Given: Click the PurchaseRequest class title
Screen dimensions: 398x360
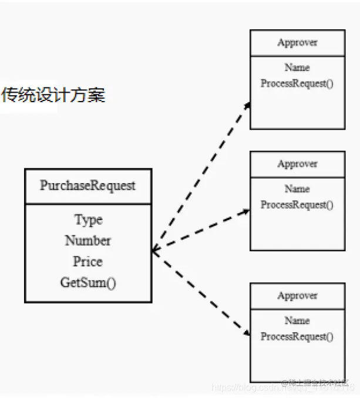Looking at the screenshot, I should (88, 186).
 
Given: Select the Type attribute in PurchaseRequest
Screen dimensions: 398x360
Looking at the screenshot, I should (88, 220).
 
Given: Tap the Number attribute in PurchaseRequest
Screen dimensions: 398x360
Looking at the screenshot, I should (88, 241).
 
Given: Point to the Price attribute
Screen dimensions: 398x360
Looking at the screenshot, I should (88, 262).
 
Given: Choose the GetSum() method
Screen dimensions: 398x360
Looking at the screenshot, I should (88, 283).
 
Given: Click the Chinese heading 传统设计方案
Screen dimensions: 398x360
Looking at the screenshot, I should (53, 95).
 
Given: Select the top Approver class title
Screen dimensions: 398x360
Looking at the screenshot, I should (297, 43).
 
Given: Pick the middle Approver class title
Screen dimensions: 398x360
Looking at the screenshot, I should (297, 164).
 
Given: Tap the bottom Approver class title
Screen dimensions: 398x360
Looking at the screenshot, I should (297, 296).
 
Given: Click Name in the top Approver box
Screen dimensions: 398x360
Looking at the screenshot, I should (297, 68).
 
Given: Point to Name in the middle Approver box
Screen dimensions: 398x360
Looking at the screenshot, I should (297, 189).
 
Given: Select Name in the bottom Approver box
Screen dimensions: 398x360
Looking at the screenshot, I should (297, 321).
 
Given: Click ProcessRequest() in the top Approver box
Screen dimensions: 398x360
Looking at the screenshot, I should (297, 83).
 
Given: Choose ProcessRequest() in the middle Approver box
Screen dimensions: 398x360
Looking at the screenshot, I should (297, 205).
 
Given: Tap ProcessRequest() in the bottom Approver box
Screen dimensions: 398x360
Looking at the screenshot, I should (297, 336).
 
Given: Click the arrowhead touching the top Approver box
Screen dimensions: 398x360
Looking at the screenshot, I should (247, 106).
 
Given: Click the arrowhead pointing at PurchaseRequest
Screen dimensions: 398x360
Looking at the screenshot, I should (154, 251).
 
